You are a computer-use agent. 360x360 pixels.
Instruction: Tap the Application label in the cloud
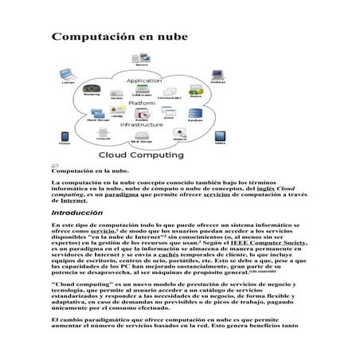(144, 81)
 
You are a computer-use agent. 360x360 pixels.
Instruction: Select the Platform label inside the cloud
(142, 104)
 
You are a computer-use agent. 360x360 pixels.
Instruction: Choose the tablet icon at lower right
(218, 138)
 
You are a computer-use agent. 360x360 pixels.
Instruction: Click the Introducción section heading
(77, 213)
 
